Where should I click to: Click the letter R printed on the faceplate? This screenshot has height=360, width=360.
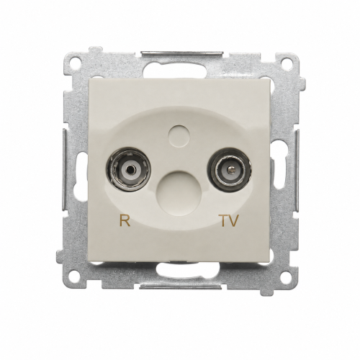click(x=125, y=220)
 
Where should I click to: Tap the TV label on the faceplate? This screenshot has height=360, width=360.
click(x=230, y=220)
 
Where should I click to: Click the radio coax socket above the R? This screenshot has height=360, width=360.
click(x=128, y=170)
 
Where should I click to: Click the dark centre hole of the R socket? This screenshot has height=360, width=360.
click(x=129, y=170)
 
